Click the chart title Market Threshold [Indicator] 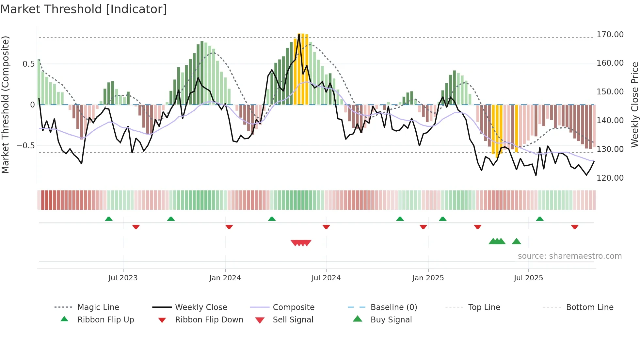coord(84,9)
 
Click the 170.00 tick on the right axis coord(610,35)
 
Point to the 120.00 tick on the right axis coord(610,178)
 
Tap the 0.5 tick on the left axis coord(28,64)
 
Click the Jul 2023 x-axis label coord(123,278)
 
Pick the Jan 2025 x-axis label coord(428,278)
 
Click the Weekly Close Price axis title coord(634,105)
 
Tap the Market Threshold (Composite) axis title coord(5,105)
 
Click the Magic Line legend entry coord(98,307)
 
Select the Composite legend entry coord(293,307)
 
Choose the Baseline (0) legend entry coord(393,307)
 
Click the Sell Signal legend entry coord(293,320)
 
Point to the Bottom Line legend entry coord(589,307)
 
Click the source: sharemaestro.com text coord(569,256)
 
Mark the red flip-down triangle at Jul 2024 coord(326,227)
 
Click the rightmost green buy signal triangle coord(516,241)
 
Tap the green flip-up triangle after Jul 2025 coord(539,219)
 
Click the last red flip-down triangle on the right coord(575,227)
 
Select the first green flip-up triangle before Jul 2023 coord(109,219)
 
